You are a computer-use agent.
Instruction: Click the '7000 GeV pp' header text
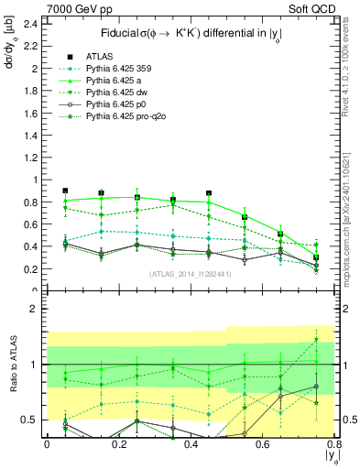point(71,8)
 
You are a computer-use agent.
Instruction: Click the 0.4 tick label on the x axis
point(191,444)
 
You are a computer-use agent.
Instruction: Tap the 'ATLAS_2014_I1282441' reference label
point(190,274)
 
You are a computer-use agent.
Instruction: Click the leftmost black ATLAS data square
point(65,191)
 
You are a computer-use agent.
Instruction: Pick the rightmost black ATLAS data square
point(316,257)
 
